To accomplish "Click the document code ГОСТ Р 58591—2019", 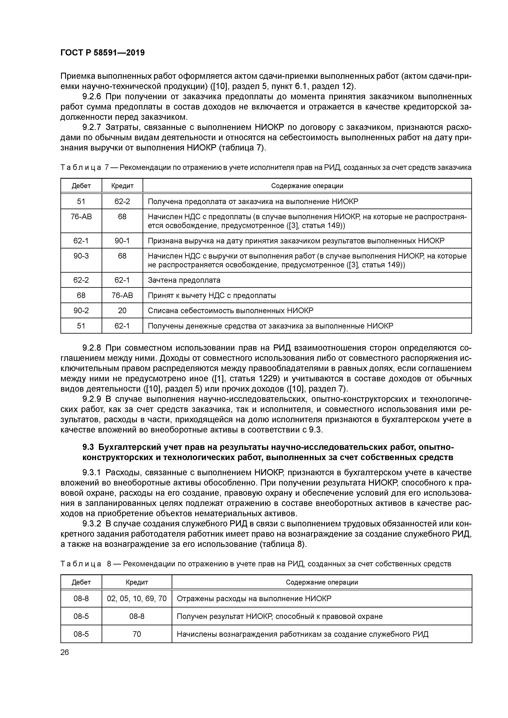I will tap(102, 53).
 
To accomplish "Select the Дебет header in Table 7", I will tap(81, 186).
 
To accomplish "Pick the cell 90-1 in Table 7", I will tap(122, 241).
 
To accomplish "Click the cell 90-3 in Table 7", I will tap(81, 256).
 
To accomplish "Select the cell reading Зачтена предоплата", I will tap(184, 280).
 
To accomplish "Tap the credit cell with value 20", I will tap(122, 310).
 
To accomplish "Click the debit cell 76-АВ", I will tap(81, 216).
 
